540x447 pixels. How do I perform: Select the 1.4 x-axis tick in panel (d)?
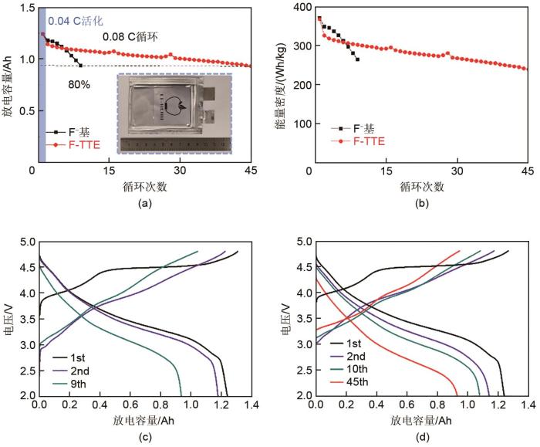pos(528,405)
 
